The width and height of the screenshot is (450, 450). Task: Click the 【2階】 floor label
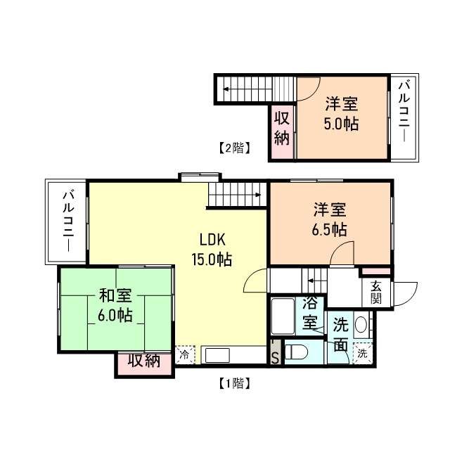231,148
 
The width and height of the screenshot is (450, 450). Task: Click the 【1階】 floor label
231,383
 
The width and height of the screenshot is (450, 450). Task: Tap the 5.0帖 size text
342,124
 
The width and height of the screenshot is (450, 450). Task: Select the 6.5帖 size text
330,229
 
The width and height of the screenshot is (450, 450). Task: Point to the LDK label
211,238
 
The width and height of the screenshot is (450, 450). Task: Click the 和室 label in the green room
115,296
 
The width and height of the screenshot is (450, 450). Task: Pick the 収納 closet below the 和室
144,362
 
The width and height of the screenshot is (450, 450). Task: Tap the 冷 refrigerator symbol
184,355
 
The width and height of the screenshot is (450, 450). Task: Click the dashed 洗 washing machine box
362,354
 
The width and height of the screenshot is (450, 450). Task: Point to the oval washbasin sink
361,326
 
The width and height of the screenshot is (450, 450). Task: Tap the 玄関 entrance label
376,290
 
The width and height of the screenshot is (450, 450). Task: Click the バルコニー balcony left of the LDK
67,221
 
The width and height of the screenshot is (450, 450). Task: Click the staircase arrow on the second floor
228,89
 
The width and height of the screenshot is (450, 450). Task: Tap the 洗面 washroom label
340,335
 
